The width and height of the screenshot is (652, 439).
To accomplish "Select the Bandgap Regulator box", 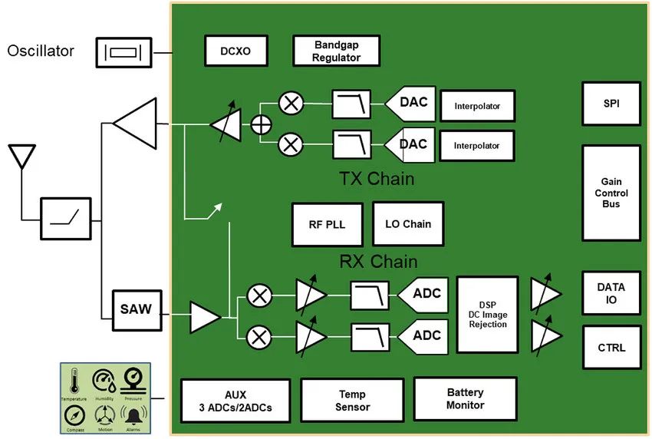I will pos(336,51).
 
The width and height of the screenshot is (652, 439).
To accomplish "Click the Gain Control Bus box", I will pos(611,193).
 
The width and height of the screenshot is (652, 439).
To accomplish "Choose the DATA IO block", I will pos(611,293).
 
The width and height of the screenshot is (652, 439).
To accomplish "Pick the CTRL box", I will pos(611,347).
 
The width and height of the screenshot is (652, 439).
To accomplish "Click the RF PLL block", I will pos(327,224).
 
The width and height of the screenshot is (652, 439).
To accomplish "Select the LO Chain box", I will pos(407,224).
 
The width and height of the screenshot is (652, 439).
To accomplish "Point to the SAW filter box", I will pos(136,310).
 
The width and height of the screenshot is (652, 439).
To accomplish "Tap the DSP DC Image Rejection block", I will pos(488,314).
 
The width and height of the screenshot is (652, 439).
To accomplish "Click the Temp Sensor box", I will pos(352,401).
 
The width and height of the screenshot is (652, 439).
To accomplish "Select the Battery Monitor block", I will pos(465,398).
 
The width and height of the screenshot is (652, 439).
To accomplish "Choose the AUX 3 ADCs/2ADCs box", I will pos(235,401).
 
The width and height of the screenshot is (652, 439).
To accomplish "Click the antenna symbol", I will pos(21,157).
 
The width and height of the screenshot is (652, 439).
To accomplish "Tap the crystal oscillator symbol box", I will pos(123,52).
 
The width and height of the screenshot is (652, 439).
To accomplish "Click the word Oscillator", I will pos(41,51).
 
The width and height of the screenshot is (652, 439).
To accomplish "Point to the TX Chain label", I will pos(376,179).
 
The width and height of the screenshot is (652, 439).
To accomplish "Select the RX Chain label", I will pos(377,262).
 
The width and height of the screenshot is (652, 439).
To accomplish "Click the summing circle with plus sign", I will pos(262,124).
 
